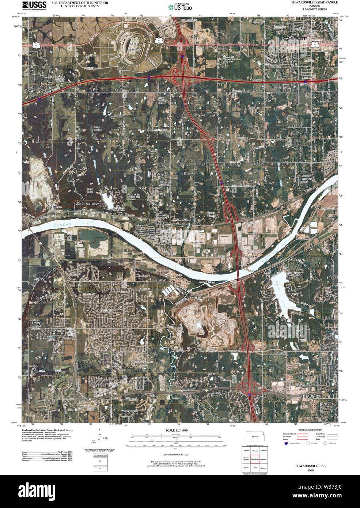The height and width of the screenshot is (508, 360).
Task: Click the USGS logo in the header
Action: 34,5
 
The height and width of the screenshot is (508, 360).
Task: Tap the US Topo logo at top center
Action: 180,7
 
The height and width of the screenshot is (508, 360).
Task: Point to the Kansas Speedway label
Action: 134,46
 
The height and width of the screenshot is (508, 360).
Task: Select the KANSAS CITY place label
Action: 295,38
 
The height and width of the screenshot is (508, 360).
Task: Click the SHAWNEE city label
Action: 310,396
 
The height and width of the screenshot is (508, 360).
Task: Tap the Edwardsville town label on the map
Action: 181,219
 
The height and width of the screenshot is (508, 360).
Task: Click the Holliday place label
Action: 200,298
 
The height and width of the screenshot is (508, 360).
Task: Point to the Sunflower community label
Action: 56,207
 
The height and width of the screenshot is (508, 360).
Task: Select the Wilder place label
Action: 38,279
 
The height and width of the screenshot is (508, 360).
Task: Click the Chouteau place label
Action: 143,275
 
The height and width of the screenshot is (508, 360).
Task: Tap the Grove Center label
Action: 211,214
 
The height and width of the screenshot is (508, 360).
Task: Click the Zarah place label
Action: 154,395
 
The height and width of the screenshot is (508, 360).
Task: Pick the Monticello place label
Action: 131,411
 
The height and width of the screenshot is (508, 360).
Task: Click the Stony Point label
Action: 315,110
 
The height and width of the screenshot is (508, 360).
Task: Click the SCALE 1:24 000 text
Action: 176,431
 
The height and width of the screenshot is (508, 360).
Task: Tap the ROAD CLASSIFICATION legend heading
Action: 310,430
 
